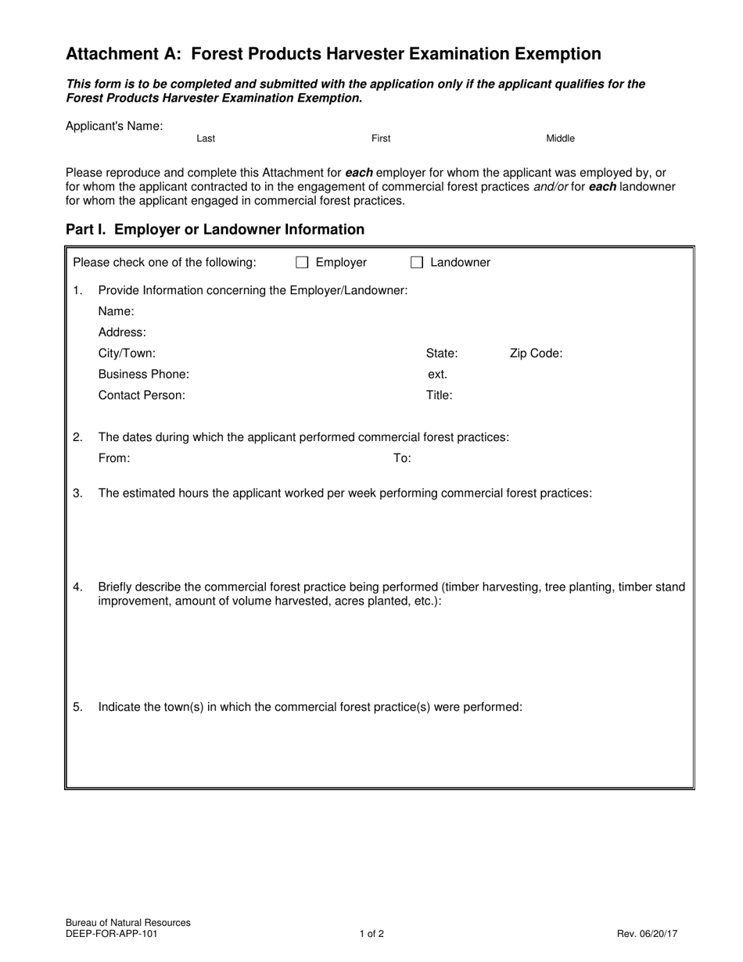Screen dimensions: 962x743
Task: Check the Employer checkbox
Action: [302, 263]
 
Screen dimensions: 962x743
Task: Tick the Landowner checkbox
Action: [417, 263]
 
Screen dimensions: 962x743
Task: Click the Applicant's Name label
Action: [114, 126]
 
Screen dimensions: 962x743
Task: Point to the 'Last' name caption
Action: [206, 138]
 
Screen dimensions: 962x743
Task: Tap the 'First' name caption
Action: [381, 138]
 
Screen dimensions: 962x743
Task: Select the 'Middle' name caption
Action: [560, 138]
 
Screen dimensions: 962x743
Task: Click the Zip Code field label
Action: [536, 353]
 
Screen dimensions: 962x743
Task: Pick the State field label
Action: [442, 353]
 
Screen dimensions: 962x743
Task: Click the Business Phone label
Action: [143, 374]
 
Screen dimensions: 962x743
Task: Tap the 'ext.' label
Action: [437, 374]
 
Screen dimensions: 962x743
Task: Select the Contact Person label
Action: [142, 395]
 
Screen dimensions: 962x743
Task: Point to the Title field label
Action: [439, 395]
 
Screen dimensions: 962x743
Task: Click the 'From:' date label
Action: [114, 458]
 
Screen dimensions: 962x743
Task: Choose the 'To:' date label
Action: [402, 458]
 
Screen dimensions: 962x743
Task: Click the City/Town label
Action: [127, 353]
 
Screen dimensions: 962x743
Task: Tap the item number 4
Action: [77, 587]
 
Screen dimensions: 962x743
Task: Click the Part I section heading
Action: [215, 229]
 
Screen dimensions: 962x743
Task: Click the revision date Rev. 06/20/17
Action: [647, 933]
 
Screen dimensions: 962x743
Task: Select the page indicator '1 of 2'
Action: [371, 933]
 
